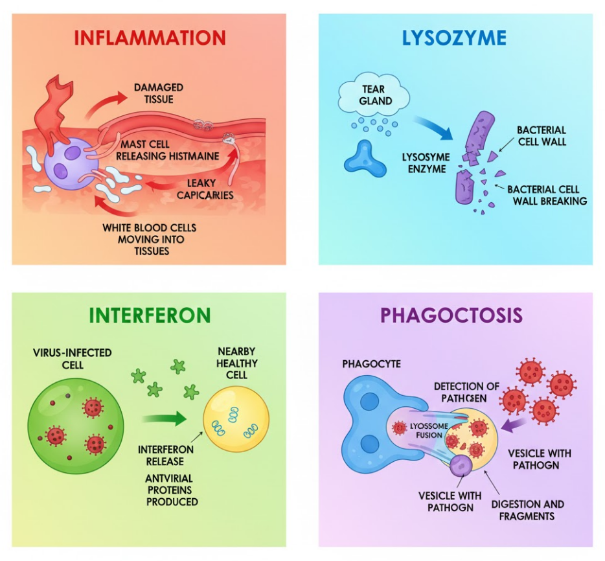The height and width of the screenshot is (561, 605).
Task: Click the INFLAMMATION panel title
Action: coord(150,37)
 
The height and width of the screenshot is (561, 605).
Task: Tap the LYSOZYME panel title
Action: coord(454,37)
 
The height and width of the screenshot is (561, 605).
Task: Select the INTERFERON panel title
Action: coord(150,315)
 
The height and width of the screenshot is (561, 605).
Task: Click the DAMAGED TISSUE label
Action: coord(158,93)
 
